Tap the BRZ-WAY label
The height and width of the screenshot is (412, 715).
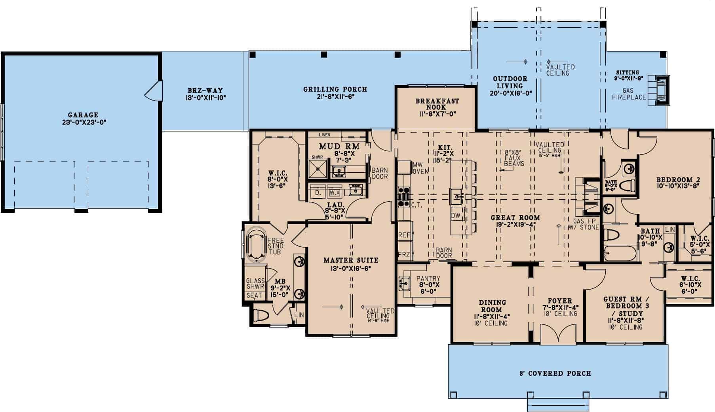tap(205, 90)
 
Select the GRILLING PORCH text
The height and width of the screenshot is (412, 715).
tap(335, 90)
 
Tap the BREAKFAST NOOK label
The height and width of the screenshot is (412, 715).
tap(437, 104)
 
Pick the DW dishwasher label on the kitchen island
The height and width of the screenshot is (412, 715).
tap(455, 216)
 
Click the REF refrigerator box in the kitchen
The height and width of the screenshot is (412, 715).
tap(405, 235)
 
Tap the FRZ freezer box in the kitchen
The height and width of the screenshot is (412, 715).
tap(405, 254)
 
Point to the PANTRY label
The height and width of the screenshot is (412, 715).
tap(428, 278)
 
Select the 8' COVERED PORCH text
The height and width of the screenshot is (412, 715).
tap(555, 373)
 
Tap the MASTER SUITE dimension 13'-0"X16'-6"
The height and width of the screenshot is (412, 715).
tap(351, 268)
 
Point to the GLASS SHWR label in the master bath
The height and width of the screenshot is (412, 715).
tap(255, 283)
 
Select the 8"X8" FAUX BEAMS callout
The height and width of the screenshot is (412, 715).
tap(515, 158)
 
